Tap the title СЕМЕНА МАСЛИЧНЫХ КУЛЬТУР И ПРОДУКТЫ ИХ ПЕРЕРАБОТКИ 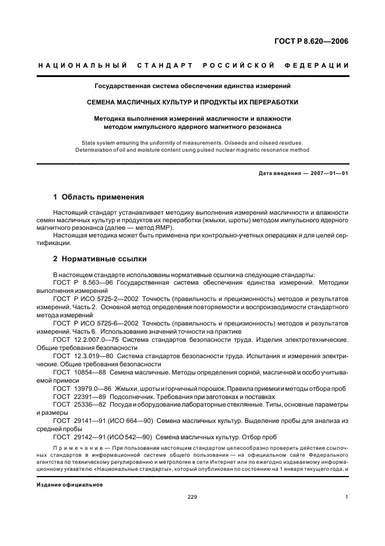point(193,102)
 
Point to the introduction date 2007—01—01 point(327,173)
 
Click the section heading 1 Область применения point(99,197)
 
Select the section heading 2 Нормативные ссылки point(100,258)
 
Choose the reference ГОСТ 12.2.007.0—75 point(86,339)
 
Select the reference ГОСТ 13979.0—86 point(82,387)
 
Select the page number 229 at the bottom point(192,497)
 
